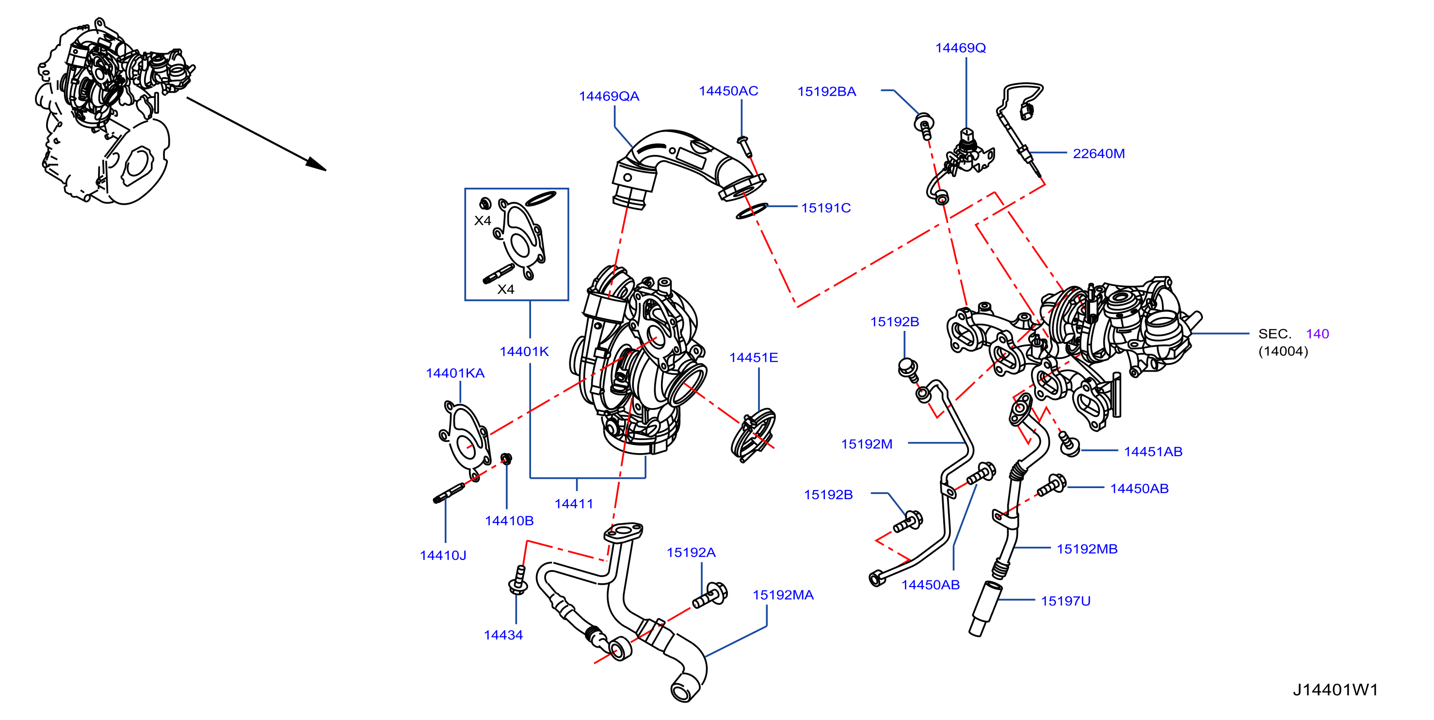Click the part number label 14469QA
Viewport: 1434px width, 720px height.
tap(609, 97)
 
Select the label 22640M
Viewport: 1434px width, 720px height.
tap(1098, 154)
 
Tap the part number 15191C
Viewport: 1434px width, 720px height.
tap(825, 208)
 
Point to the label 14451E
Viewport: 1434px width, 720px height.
tap(754, 358)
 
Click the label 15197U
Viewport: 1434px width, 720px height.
tap(1065, 602)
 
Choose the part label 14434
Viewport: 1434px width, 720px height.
tap(503, 636)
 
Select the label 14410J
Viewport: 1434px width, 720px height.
tap(443, 556)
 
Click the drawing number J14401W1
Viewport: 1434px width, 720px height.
tap(1335, 690)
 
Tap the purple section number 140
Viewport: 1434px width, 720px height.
tap(1317, 334)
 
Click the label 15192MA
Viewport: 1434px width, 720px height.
tap(783, 595)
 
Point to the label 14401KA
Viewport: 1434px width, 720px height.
tap(455, 374)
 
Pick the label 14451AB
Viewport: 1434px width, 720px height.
tap(1153, 452)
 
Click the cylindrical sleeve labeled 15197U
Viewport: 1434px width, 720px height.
tap(983, 608)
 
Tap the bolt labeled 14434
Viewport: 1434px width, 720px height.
tap(518, 581)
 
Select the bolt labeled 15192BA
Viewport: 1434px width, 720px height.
tap(924, 127)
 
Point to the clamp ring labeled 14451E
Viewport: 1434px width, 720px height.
tap(753, 436)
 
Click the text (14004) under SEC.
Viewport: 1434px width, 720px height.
tap(1283, 351)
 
